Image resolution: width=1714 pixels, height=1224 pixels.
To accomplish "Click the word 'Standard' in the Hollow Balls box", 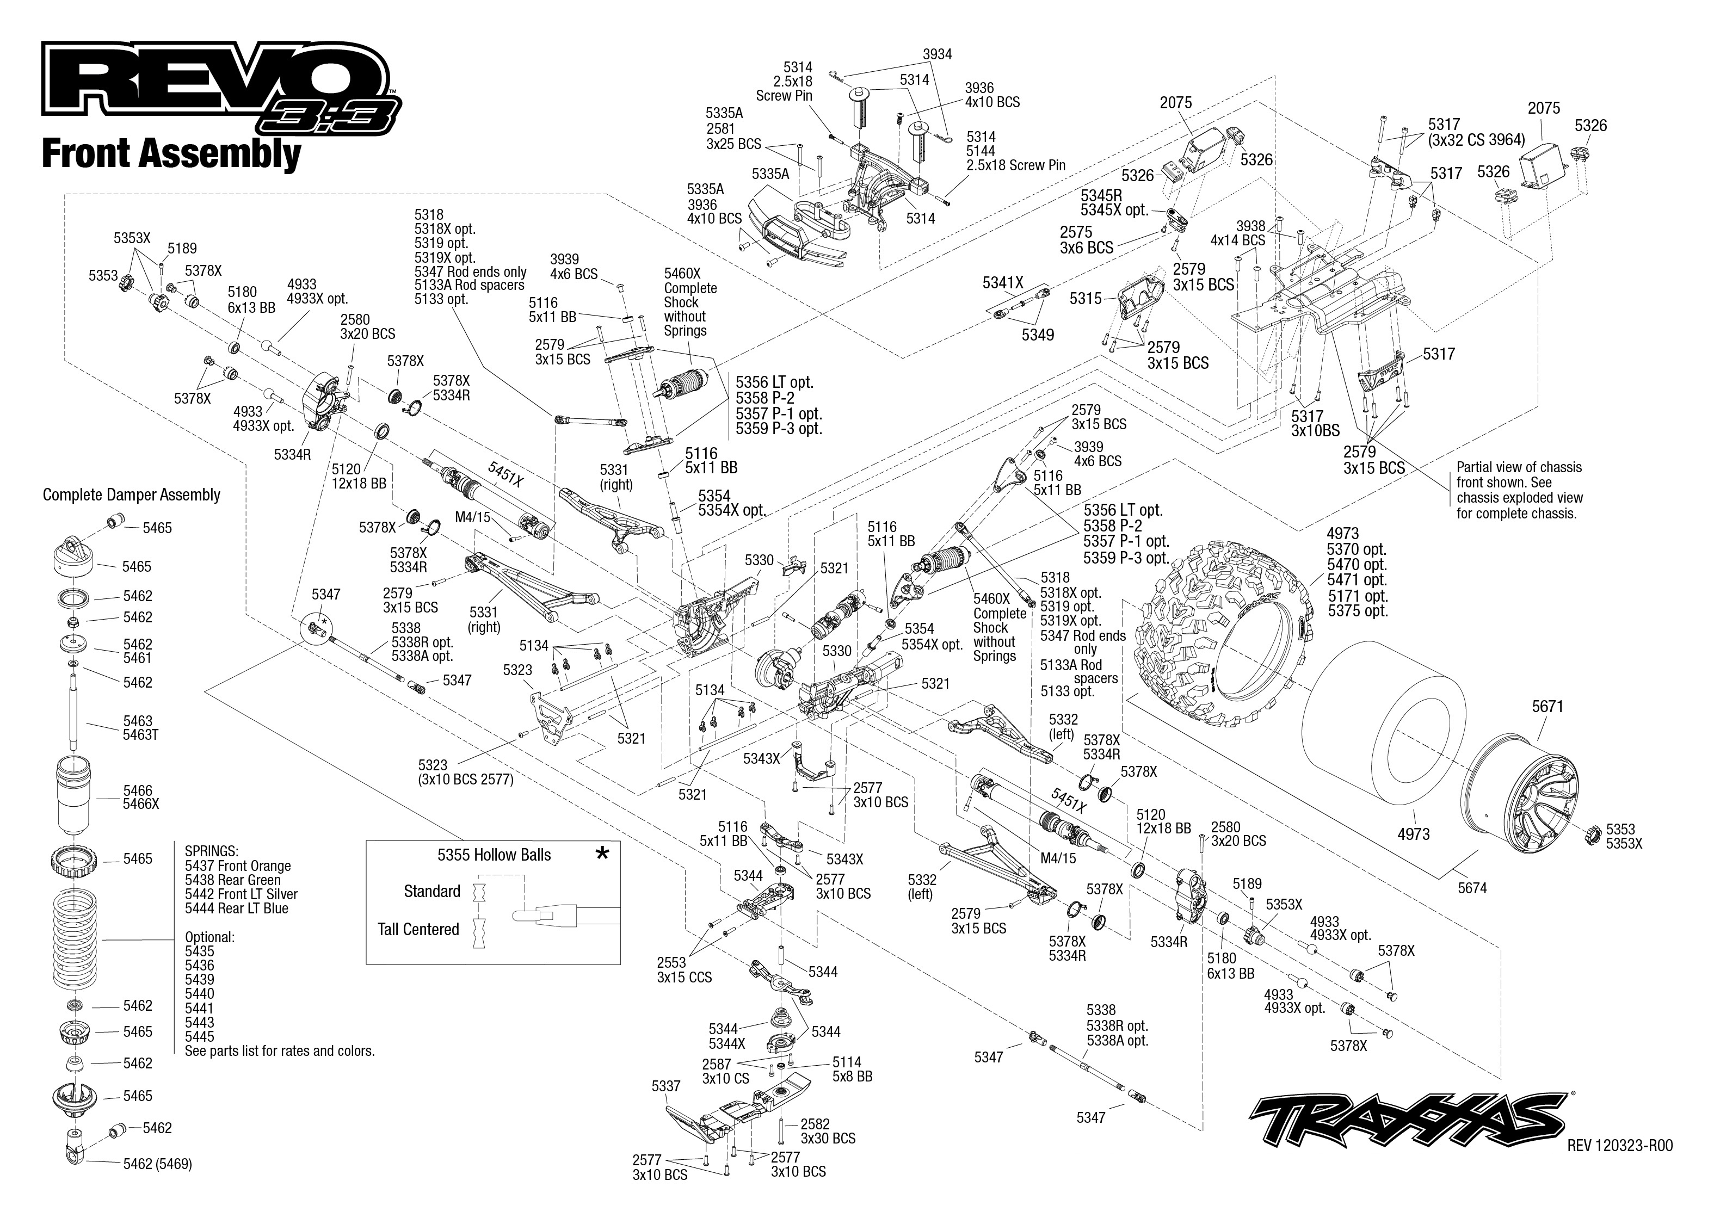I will coord(432,892).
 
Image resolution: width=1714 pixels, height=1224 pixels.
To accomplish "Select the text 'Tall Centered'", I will coord(418,929).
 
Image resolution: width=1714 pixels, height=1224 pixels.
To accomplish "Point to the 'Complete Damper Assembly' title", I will coord(131,495).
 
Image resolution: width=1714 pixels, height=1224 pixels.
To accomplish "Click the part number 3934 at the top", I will coord(937,54).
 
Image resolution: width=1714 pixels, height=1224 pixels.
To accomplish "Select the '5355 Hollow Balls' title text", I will coord(494,855).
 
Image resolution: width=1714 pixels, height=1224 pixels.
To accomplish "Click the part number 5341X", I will coord(1002,283).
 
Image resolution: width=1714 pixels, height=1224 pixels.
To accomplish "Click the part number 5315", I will coord(1086,299).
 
